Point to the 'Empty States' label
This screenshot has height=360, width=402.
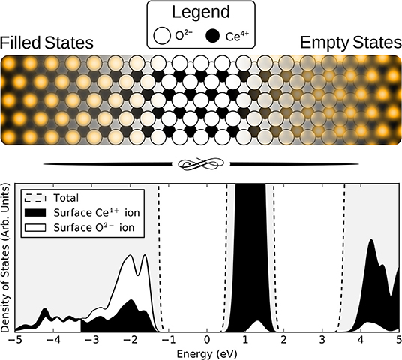pos(350,43)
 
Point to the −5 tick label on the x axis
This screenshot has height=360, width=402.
pos(13,340)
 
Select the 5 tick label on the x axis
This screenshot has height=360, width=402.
pos(398,340)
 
